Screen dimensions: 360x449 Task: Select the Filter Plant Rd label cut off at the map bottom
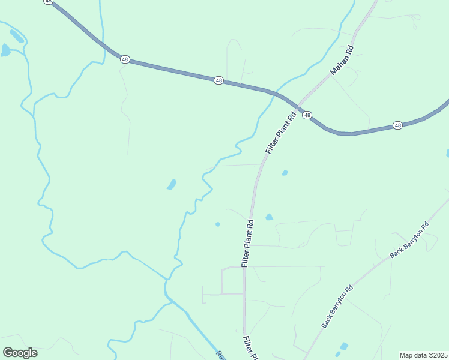pos(250,349)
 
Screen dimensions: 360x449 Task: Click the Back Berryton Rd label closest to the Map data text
pos(337,305)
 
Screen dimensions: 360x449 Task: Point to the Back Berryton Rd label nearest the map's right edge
pos(409,240)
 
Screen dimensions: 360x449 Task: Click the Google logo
pos(20,353)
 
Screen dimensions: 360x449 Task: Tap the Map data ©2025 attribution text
pos(423,355)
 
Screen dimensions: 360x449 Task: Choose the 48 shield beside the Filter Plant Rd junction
pos(307,115)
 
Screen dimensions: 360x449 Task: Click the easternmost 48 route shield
pos(397,125)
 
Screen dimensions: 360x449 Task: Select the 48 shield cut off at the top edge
pos(48,2)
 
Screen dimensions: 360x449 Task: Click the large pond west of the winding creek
pos(172,184)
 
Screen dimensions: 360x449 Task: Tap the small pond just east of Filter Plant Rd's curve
pos(285,173)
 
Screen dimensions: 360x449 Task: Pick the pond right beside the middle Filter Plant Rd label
pos(270,217)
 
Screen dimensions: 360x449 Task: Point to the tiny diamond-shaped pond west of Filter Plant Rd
pos(218,224)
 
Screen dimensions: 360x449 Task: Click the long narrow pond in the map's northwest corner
pos(17,37)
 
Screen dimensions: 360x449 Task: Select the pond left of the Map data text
pos(343,346)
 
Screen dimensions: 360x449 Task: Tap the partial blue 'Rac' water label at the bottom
pos(220,355)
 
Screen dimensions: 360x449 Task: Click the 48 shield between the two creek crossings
pos(218,80)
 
